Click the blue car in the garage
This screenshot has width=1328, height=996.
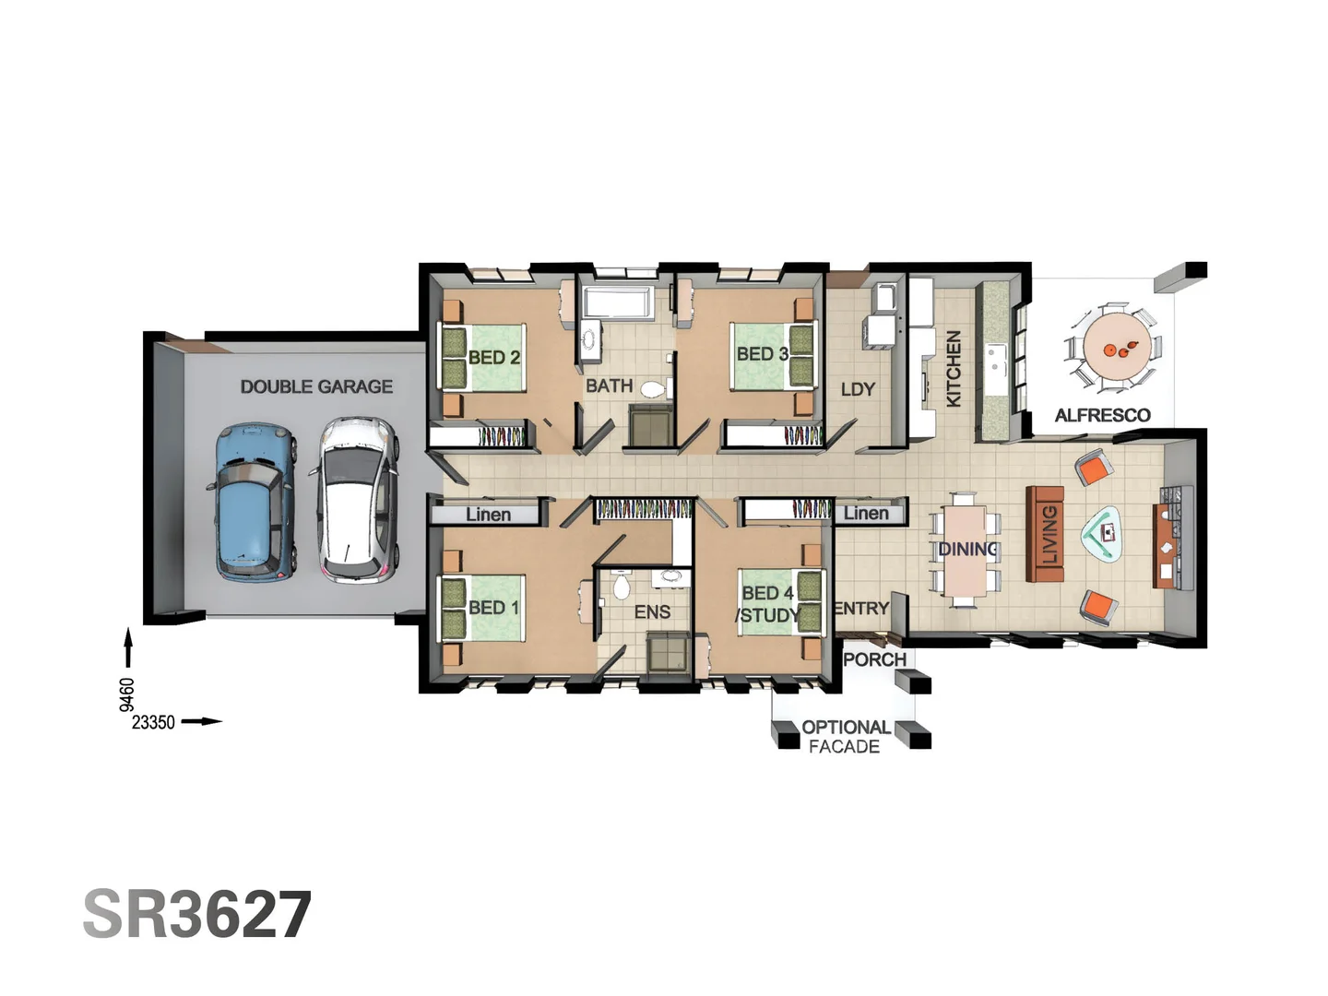pyautogui.click(x=253, y=502)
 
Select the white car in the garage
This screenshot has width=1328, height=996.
pyautogui.click(x=355, y=500)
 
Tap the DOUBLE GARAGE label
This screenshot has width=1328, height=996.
pyautogui.click(x=316, y=386)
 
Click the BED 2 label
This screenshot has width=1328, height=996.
pyautogui.click(x=494, y=358)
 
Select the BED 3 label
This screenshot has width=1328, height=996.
pyautogui.click(x=763, y=354)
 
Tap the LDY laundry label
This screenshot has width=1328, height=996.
pyautogui.click(x=858, y=389)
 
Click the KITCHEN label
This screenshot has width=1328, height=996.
pyautogui.click(x=953, y=368)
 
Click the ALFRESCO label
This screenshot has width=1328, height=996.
pyautogui.click(x=1102, y=415)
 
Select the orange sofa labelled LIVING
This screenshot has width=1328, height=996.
pyautogui.click(x=1045, y=534)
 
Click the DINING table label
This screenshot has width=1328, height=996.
pyautogui.click(x=967, y=549)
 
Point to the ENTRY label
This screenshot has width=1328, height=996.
pyautogui.click(x=861, y=609)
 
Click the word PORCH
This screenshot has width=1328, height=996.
pyautogui.click(x=875, y=659)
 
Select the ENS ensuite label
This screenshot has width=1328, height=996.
pyautogui.click(x=652, y=612)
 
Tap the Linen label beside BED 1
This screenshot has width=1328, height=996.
pyautogui.click(x=488, y=515)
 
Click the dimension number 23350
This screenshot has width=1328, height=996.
pyautogui.click(x=153, y=723)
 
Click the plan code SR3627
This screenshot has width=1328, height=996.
pyautogui.click(x=197, y=914)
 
